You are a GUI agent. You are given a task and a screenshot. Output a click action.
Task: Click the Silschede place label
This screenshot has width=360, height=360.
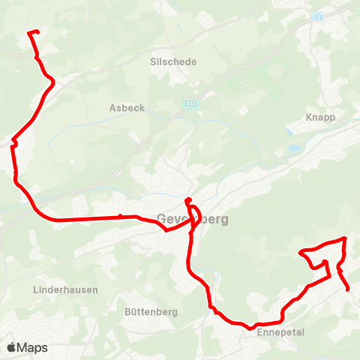pos(173,61)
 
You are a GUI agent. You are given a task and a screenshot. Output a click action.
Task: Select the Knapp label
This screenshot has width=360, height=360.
pos(320,118)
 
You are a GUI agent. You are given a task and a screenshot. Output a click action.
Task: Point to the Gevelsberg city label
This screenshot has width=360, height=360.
pos(193,220)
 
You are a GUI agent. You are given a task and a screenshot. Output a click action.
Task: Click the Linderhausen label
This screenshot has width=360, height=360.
pos(63,289)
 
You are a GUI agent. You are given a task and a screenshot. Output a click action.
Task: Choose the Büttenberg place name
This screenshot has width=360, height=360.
pos(150,310)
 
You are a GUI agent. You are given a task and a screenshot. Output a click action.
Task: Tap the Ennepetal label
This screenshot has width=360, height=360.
pos(278,331)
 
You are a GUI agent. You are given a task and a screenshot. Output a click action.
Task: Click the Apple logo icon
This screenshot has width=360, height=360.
pos(11,347)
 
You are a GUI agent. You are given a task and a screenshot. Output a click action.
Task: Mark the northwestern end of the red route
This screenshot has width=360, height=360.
pos(29,32)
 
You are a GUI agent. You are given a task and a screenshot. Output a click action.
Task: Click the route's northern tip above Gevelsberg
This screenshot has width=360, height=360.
pos(187,199)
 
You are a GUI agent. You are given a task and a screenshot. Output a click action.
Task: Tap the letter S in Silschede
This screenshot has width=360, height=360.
pos(153,61)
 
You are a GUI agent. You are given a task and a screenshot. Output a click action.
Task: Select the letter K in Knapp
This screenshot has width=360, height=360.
pos(309,118)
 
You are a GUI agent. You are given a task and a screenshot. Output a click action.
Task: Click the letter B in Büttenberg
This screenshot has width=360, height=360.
pos(127,310)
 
